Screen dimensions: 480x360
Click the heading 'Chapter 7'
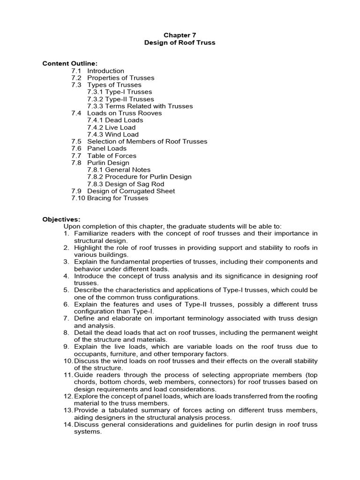pos(180,35)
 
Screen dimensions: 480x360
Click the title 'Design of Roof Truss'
pos(180,43)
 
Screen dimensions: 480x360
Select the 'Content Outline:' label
pos(70,64)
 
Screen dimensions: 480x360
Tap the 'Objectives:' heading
pos(61,219)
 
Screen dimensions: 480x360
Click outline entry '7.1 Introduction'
pos(98,71)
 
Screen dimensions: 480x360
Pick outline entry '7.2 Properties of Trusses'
pos(112,78)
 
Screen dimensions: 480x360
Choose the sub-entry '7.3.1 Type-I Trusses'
pos(120,92)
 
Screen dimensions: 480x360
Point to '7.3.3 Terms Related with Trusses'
pos(140,106)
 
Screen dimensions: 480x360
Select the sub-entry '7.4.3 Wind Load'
pos(113,134)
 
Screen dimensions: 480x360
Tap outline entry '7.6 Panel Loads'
pos(99,148)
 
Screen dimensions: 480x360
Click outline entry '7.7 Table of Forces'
pos(104,156)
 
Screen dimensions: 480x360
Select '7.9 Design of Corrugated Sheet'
pos(123,191)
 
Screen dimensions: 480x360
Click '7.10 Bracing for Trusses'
pos(110,198)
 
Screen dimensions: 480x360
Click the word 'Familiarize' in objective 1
pos(92,233)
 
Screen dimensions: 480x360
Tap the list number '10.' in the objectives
pos(68,361)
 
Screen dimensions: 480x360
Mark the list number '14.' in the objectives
pos(68,425)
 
